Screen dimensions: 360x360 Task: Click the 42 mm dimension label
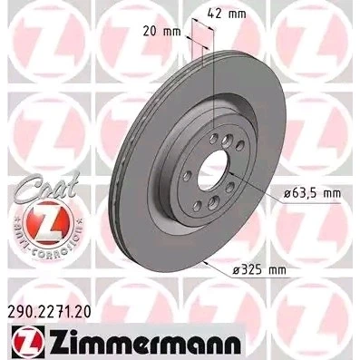click(227, 14)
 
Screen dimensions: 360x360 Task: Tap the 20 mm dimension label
click(161, 32)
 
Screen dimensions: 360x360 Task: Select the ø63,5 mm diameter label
click(312, 193)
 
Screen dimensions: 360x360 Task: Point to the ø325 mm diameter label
click(259, 269)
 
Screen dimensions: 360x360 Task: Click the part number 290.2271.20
click(48, 313)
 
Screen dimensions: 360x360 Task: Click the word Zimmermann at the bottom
click(145, 342)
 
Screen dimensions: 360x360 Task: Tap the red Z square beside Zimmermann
click(27, 342)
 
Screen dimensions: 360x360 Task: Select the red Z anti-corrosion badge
click(48, 223)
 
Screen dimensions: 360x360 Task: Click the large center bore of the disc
click(213, 170)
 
